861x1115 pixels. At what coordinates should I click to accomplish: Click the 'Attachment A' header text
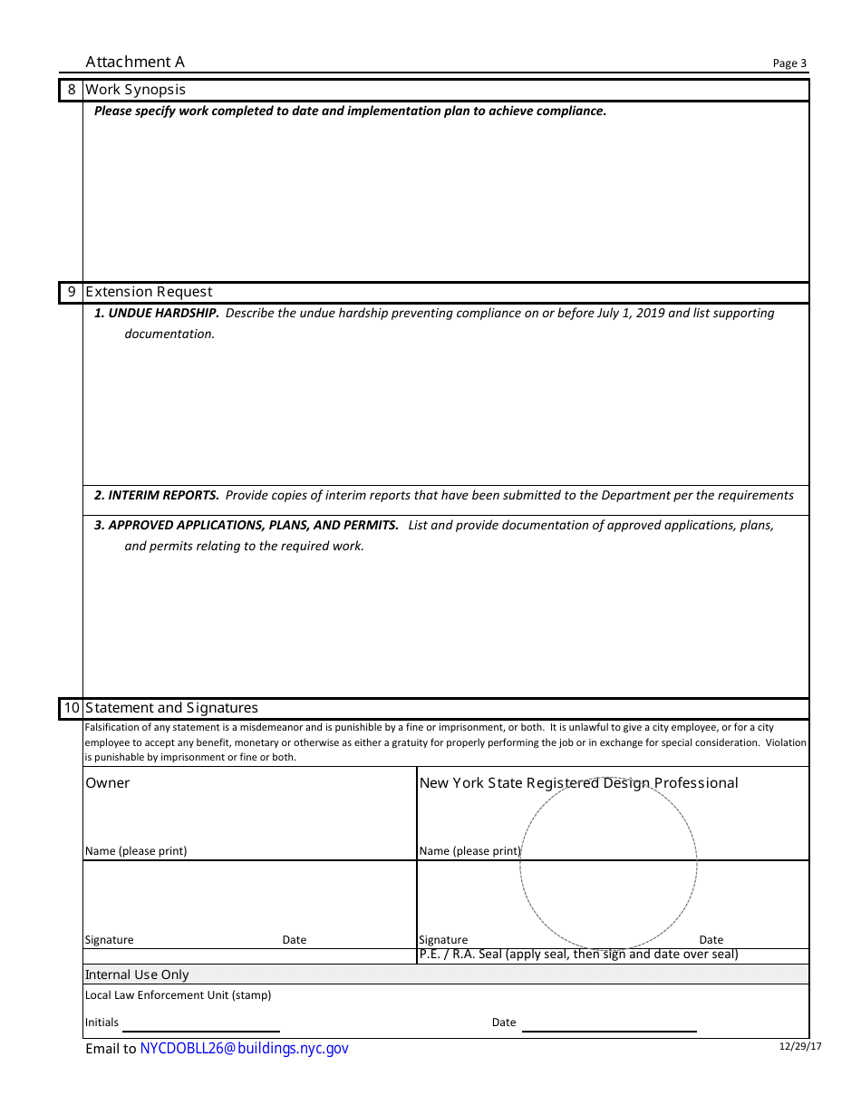click(x=135, y=62)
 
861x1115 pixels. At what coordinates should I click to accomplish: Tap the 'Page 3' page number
click(x=788, y=63)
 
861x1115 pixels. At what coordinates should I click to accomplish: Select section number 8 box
click(x=72, y=90)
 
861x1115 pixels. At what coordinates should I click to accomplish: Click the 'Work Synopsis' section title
click(x=135, y=90)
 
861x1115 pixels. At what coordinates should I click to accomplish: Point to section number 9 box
click(x=72, y=292)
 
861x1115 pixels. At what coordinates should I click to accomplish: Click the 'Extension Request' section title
click(x=149, y=292)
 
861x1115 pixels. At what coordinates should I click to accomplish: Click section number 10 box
click(x=72, y=708)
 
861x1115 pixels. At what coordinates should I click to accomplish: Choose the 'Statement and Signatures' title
click(x=171, y=708)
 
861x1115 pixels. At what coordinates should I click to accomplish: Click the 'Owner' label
click(x=107, y=783)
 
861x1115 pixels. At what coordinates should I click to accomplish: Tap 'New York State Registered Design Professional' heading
click(x=578, y=783)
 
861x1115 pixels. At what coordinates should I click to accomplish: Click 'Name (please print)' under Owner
click(x=136, y=851)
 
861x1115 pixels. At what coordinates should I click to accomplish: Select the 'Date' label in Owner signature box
click(x=295, y=940)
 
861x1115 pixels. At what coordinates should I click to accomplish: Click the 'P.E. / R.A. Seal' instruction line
click(x=578, y=955)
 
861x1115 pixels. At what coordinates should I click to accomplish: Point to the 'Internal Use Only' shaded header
click(x=137, y=974)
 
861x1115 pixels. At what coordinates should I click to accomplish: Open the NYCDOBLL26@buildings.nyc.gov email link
click(x=244, y=1049)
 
